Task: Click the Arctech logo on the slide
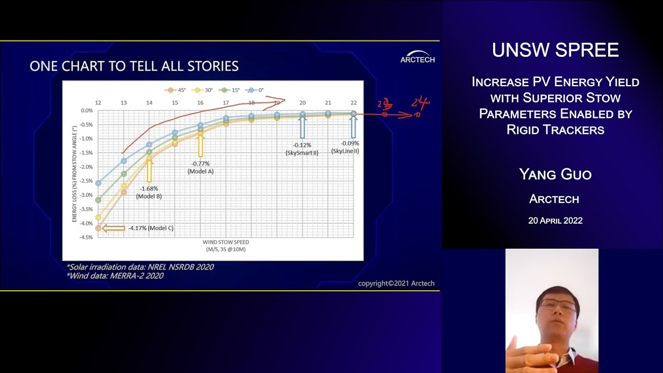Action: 417,56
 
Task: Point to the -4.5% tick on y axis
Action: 86,237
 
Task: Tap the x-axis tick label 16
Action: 200,103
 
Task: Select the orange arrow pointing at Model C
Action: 114,228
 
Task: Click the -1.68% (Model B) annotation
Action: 149,193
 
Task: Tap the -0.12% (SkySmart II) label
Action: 302,149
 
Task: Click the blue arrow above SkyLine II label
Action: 353,127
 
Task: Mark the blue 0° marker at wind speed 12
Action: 98,183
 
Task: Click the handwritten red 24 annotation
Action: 421,104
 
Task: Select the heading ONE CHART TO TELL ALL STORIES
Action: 134,66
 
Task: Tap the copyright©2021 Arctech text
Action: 396,283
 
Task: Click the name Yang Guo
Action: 555,175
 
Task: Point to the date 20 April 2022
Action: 555,221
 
